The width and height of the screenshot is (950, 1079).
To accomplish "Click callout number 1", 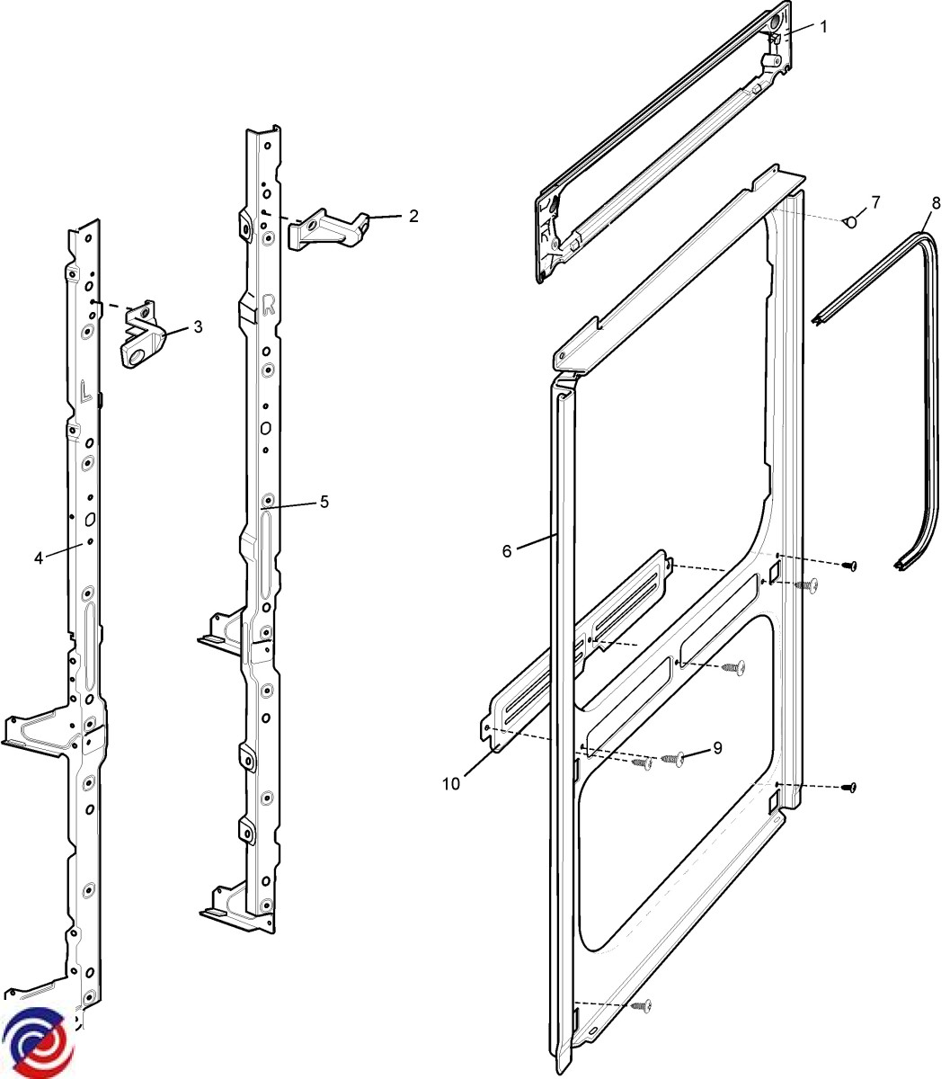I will (823, 27).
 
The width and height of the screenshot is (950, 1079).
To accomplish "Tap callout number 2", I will (413, 216).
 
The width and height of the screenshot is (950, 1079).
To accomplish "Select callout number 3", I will (198, 327).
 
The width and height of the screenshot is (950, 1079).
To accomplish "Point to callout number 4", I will (39, 558).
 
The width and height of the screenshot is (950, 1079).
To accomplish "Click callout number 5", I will (324, 502).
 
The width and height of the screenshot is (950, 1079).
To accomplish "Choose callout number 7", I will (875, 201).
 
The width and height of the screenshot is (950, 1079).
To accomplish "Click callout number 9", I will (717, 747).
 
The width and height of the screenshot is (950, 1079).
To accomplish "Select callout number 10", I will (451, 784).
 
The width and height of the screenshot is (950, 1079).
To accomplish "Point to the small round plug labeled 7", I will (849, 222).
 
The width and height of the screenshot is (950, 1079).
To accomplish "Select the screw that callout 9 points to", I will (674, 760).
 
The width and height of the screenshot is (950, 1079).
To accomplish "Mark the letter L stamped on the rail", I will (84, 390).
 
